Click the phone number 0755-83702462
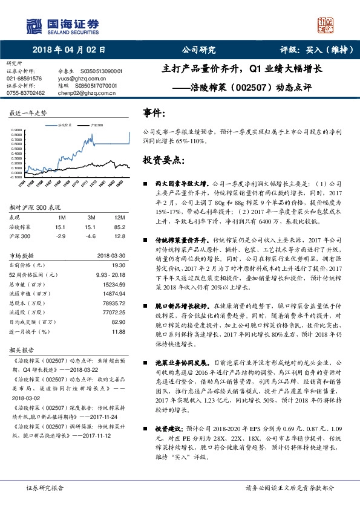click(26, 93)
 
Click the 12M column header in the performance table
click(120, 217)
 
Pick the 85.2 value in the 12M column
click(120, 227)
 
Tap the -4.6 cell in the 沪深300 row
click(91, 236)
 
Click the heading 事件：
click(153, 113)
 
